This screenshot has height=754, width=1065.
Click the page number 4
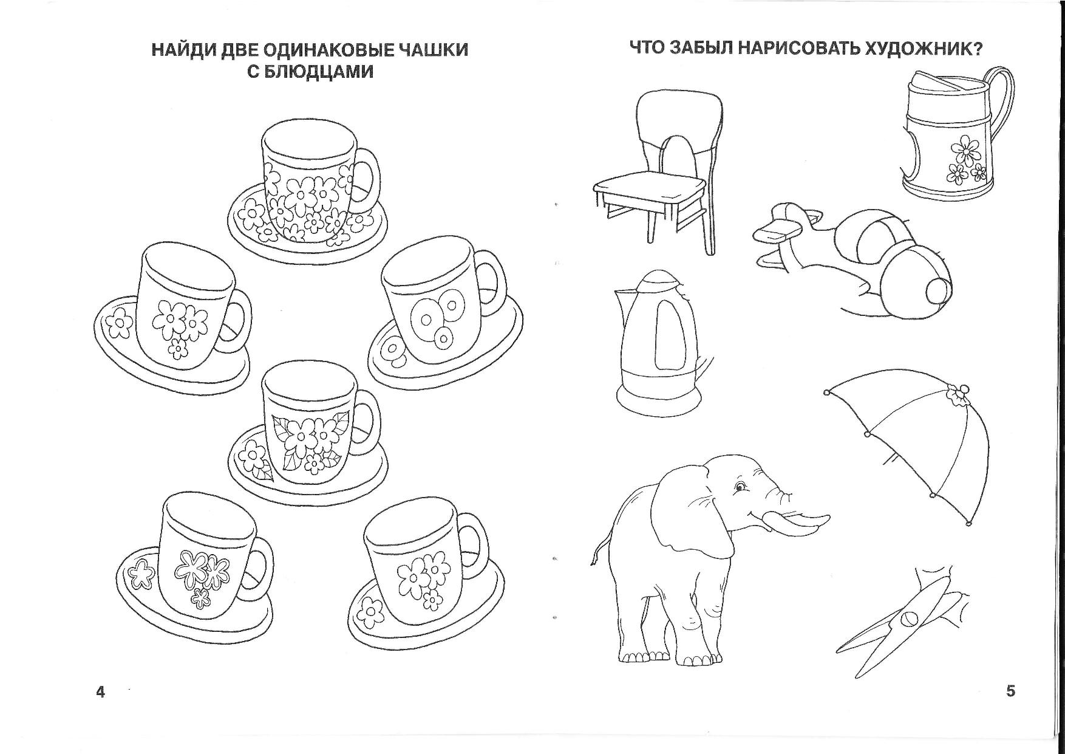pos(101,691)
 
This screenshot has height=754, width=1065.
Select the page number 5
pos(1010,691)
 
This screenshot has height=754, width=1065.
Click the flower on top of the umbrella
pos(959,394)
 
